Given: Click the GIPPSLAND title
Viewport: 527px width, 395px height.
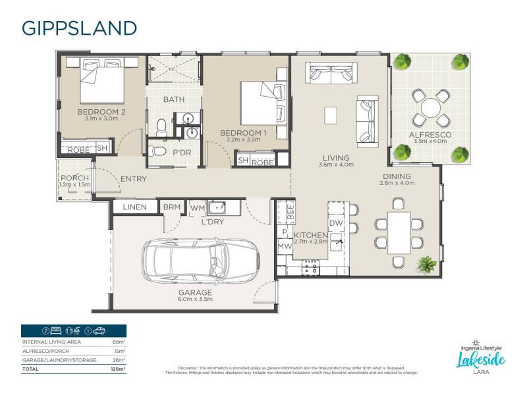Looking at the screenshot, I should [x=79, y=28].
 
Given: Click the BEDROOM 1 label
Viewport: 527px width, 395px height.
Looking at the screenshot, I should [x=243, y=133].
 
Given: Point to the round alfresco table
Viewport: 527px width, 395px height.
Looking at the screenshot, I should [x=431, y=107].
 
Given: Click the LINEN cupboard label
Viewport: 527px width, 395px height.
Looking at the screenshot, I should [x=134, y=207].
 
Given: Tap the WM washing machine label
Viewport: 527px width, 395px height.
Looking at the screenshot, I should [x=197, y=208].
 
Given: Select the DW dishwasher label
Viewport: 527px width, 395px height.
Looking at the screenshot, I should [x=336, y=223].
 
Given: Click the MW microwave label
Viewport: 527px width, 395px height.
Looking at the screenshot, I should [x=285, y=247].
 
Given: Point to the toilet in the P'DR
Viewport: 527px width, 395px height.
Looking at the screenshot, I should [x=158, y=151].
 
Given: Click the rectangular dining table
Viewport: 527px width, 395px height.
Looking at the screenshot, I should [x=399, y=231].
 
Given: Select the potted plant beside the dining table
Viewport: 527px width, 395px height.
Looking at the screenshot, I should [x=427, y=265].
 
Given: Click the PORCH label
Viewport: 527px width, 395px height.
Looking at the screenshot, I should [x=74, y=178].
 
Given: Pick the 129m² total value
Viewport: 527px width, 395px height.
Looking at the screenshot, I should [x=119, y=369].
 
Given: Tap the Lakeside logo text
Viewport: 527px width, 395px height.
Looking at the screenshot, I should [x=482, y=359].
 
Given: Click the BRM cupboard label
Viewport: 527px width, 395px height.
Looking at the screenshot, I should [x=172, y=207].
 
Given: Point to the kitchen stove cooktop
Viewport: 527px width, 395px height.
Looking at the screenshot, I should [x=310, y=266].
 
